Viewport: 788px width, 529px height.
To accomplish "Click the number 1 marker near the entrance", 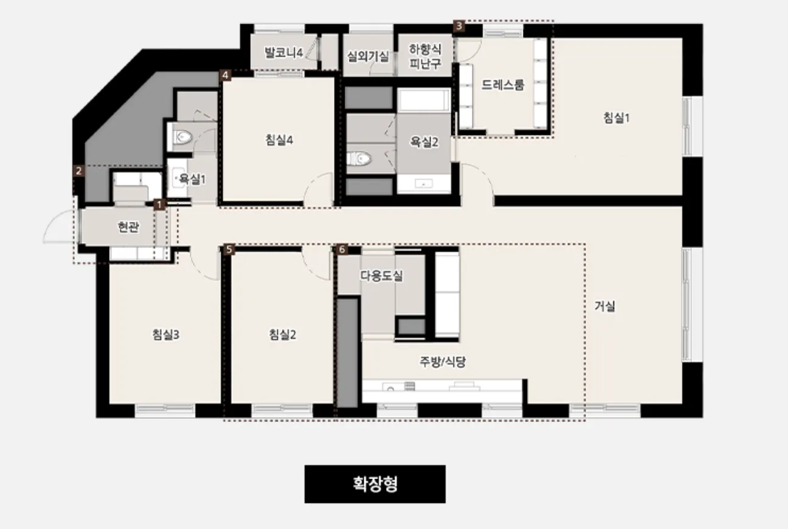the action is coord(159,204).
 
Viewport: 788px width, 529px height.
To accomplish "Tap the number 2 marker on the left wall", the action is coord(79,171).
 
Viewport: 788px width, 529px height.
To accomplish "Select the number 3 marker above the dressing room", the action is coord(458,26).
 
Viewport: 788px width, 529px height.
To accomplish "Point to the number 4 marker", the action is coord(226,75).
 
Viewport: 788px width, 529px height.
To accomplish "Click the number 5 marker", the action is coord(229,249).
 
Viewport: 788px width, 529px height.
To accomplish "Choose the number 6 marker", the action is coord(342,249).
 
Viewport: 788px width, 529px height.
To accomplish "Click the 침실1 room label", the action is coord(617,118).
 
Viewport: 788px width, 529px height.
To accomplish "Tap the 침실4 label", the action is coord(279,140).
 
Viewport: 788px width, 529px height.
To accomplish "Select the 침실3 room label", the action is coord(166,334).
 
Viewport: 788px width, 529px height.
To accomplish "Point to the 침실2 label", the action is coord(283,334).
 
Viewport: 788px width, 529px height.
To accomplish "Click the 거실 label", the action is coord(605,306).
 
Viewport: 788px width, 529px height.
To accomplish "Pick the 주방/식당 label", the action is coord(443,362).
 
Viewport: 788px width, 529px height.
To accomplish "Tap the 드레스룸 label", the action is coord(503,85).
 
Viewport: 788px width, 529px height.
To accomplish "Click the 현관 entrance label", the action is coord(128,227).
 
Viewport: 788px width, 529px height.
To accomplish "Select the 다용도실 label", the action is coord(381,275).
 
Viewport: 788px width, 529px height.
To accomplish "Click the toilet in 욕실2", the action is coord(359,159).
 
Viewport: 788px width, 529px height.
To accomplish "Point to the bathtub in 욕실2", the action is coord(424,100).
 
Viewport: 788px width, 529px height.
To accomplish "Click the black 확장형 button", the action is coord(375,484).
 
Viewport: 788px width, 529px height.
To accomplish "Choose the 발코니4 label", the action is coord(283,53).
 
